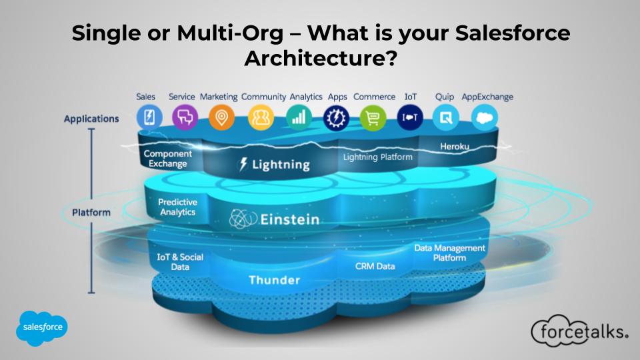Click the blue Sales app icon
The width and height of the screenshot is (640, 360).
coord(149,117)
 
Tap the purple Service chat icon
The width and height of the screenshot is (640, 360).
coord(185,117)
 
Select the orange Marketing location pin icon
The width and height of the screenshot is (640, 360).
coord(221,117)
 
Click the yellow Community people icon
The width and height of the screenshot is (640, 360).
coord(261,117)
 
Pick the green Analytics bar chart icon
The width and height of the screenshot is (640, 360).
coord(299,117)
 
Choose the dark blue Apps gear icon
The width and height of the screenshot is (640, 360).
coord(336,117)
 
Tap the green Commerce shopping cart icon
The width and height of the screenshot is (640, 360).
coord(373,117)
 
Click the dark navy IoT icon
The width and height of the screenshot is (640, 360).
coord(410,117)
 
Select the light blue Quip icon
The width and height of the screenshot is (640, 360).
coord(446,117)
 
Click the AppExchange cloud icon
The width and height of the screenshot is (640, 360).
coord(485,117)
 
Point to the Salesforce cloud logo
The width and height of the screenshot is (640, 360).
coord(41,328)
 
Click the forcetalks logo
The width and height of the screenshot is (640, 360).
coord(579,331)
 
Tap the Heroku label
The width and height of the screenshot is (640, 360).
coord(454,147)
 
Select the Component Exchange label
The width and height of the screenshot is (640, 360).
coord(168,159)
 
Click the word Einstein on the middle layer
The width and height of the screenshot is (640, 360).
coord(290,219)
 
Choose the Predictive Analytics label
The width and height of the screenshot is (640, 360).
coord(177,207)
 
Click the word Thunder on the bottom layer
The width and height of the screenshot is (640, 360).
coord(274,280)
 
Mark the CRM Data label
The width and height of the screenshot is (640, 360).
coord(375,266)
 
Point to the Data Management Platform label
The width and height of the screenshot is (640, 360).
coord(449,253)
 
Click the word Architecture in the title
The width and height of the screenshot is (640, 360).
coord(321,58)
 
